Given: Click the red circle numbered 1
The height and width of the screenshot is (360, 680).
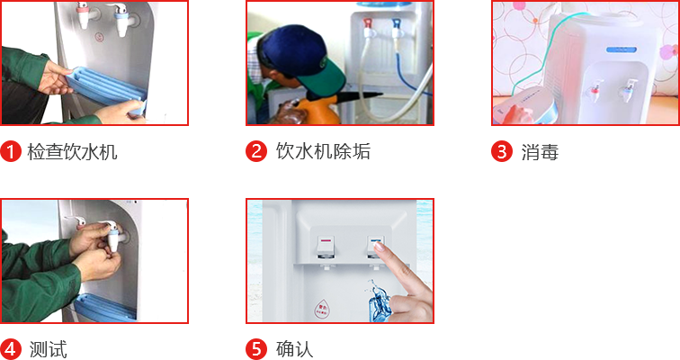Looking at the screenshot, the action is [11, 151].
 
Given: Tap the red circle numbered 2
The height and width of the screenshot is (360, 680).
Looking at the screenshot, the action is [256, 151].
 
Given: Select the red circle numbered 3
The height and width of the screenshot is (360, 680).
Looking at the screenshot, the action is [502, 151].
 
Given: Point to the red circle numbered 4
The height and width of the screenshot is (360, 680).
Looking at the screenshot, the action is [11, 349].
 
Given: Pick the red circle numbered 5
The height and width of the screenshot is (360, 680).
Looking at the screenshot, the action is [256, 349].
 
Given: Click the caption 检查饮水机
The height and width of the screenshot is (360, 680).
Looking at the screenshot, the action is [72, 152].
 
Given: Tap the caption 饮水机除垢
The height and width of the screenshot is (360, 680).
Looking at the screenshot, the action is [323, 151].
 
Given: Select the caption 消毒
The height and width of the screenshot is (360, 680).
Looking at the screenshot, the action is [540, 152].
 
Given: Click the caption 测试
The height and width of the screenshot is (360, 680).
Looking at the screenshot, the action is [49, 349].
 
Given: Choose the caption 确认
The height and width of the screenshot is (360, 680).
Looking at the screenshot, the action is [294, 349].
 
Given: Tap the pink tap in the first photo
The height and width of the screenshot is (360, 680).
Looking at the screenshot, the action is [83, 14].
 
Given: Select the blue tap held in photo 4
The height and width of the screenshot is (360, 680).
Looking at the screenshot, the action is [112, 237].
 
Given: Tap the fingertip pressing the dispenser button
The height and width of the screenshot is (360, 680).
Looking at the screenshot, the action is [379, 247].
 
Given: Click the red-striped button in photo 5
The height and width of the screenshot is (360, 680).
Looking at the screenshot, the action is [326, 246].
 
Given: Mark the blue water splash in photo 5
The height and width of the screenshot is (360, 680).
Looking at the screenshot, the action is [379, 301].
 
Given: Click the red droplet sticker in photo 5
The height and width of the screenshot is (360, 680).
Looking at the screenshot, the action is [322, 309].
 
